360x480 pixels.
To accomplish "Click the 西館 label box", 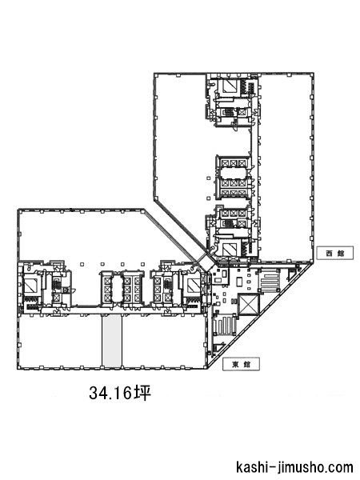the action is coord(334,253).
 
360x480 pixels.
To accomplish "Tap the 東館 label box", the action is coord(242,364).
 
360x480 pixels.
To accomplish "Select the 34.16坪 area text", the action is coord(120,393).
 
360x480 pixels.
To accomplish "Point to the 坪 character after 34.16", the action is coord(143,393).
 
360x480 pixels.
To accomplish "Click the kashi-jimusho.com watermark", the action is coord(294,467).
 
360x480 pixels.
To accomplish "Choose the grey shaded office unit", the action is coord(112,341).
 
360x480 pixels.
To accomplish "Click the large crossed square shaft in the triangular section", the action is coord(248,304).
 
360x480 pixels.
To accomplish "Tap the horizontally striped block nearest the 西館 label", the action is coord(270,281).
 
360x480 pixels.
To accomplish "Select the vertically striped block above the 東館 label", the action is coord(226,327).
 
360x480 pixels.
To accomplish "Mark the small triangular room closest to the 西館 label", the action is coord(292,275).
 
